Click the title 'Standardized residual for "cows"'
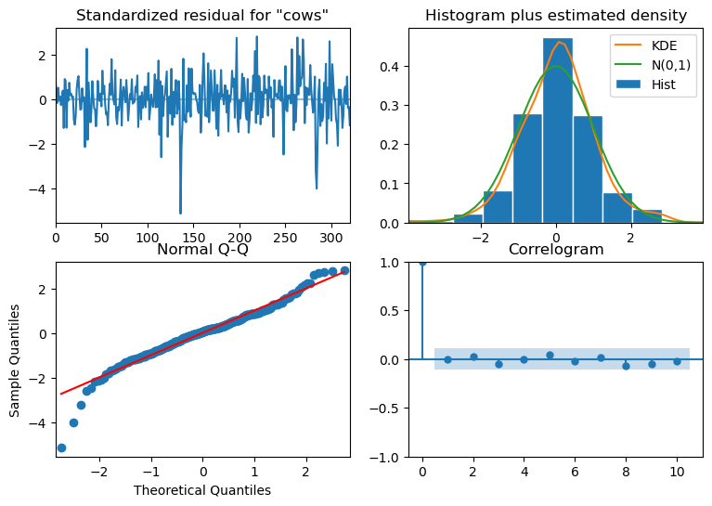[202, 16]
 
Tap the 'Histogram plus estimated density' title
[556, 16]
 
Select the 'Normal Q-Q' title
[202, 249]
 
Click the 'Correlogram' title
[556, 249]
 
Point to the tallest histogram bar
[557, 130]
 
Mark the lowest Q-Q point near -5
[62, 448]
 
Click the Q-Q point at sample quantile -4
[73, 422]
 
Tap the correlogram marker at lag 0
[422, 263]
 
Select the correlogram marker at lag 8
[627, 366]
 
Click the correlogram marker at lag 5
[550, 355]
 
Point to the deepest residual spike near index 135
[180, 213]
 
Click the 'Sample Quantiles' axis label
[15, 360]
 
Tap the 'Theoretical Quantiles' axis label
[202, 490]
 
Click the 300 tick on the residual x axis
[331, 238]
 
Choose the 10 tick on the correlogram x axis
[677, 472]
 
